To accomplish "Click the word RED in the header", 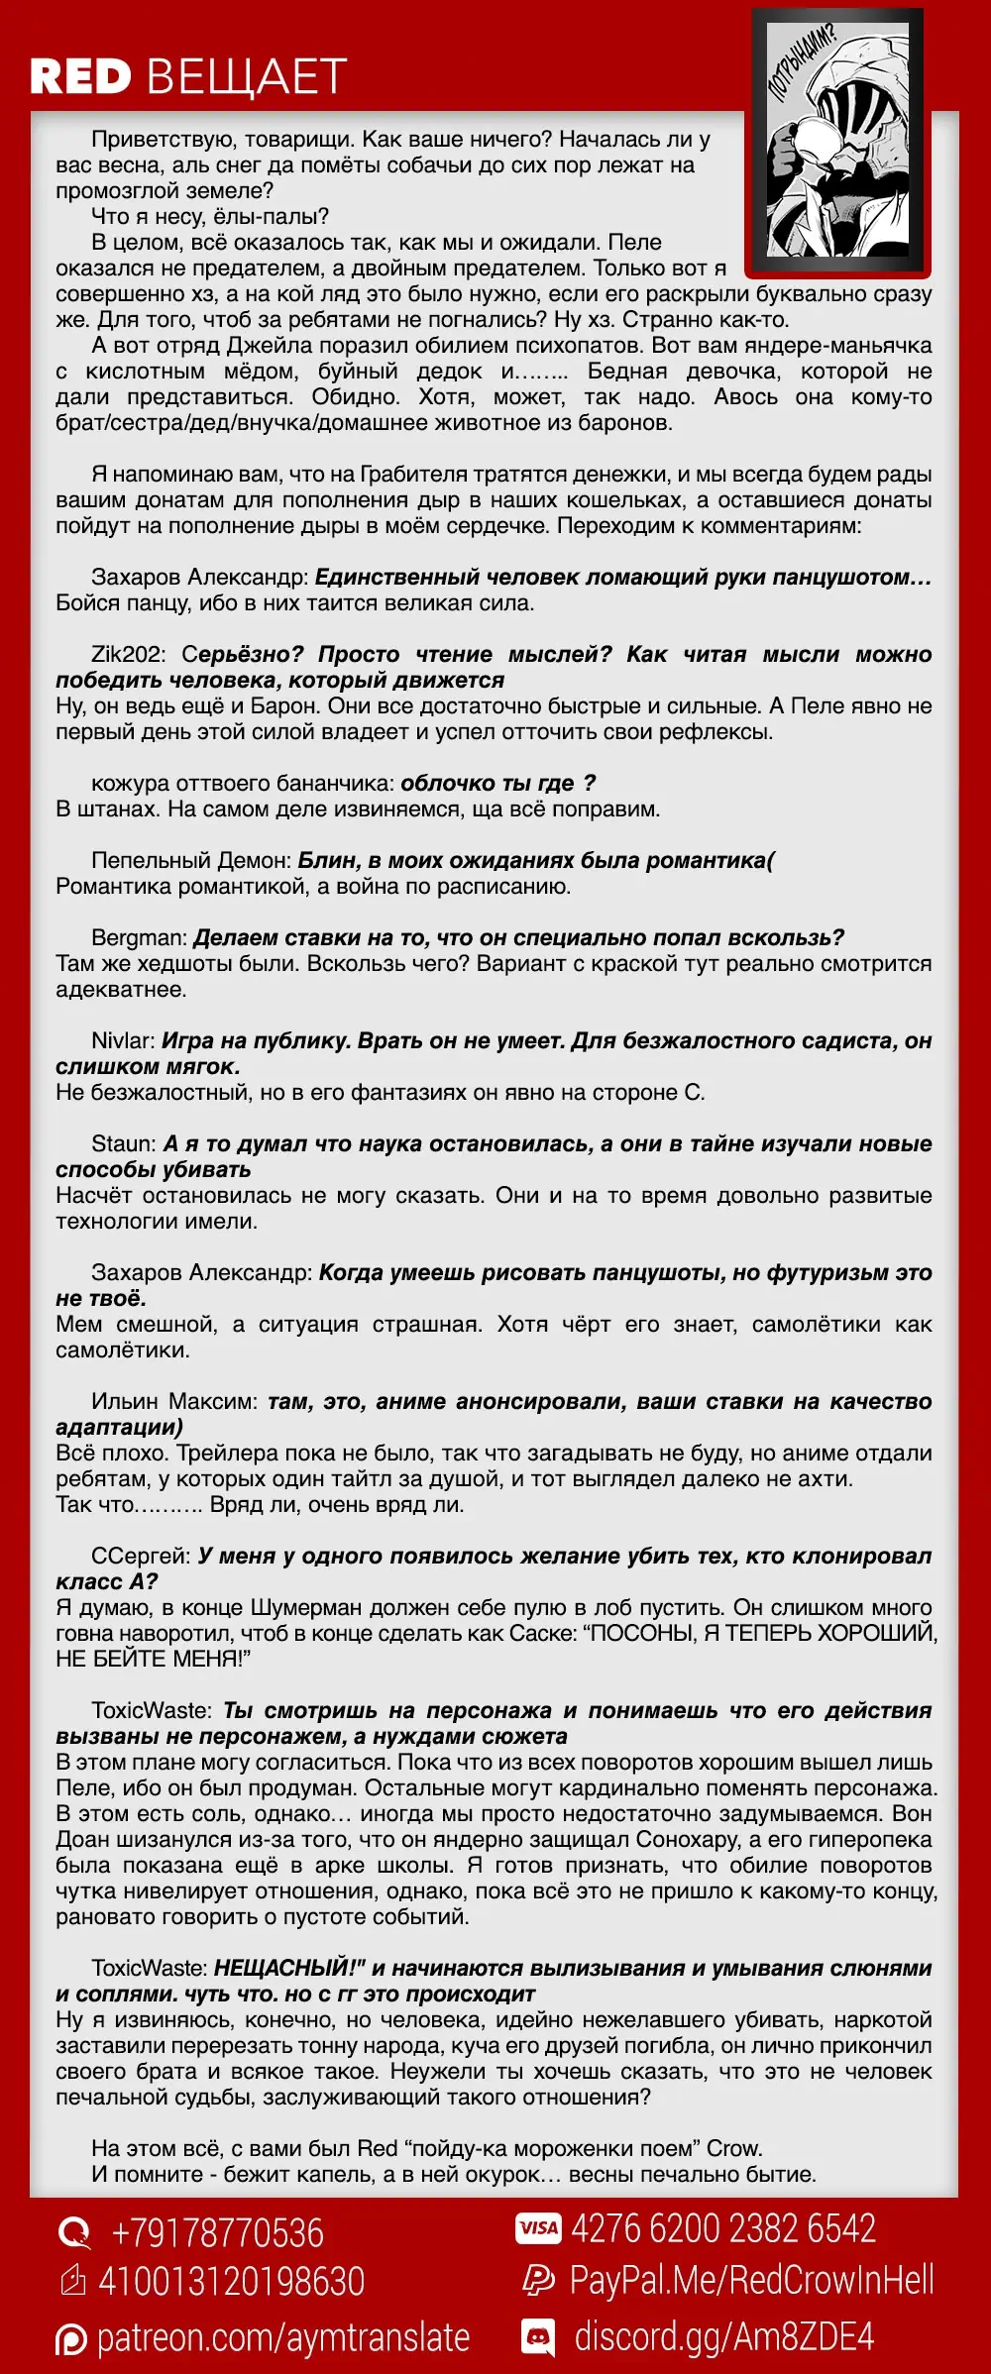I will click(80, 77).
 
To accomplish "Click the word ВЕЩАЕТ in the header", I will click(247, 77).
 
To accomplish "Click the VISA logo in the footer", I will click(538, 2228).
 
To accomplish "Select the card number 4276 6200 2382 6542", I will click(723, 2228).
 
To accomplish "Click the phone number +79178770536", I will click(217, 2233).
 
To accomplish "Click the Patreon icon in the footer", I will click(71, 2339).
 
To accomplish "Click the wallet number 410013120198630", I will click(232, 2281).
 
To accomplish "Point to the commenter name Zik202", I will click(128, 654).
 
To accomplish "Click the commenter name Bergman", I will click(138, 937).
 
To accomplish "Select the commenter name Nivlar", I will click(122, 1040).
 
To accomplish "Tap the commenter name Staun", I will click(123, 1143).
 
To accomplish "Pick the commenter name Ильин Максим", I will click(173, 1401).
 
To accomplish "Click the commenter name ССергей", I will click(140, 1556).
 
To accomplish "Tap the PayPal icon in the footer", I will click(538, 2280).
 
